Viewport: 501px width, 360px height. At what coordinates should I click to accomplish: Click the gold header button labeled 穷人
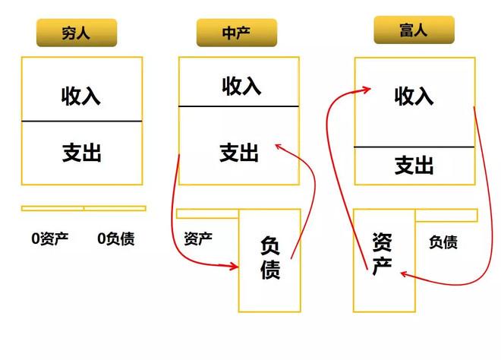77,33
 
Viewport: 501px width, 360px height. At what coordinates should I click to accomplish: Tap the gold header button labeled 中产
236,33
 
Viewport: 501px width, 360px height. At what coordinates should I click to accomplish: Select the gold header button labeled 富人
414,30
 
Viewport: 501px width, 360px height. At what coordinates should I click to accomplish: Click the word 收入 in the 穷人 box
81,96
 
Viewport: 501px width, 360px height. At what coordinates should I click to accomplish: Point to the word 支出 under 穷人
82,153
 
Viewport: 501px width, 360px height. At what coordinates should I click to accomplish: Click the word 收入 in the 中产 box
241,86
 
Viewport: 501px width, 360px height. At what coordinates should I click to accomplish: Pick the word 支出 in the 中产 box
239,153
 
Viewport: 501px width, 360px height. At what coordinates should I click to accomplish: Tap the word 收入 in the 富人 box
414,96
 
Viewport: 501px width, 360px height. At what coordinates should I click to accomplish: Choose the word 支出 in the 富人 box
414,166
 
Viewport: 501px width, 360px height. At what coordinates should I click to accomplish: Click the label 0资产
50,238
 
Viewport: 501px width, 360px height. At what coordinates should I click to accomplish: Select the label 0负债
116,238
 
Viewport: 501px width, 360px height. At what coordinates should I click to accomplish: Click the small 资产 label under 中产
198,238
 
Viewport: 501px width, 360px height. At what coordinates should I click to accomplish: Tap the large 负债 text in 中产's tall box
270,257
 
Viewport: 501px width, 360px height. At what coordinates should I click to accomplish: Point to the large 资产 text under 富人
382,254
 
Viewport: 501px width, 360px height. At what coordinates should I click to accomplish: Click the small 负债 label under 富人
443,242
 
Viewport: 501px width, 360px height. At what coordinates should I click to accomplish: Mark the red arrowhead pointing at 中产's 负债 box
234,266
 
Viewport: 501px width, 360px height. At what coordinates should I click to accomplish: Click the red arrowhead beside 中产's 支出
279,147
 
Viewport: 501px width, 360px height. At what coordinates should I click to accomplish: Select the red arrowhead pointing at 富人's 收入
366,89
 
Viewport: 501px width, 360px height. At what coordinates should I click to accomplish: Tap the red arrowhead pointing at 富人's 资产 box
404,274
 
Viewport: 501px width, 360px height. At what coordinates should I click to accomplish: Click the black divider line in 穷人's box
82,122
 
